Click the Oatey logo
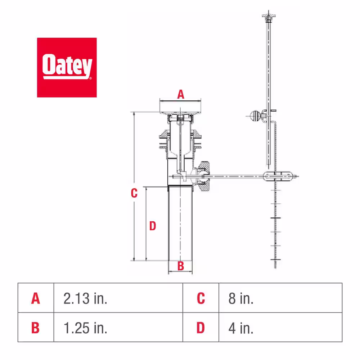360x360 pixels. tap(67, 67)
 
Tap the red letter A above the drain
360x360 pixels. tap(181, 94)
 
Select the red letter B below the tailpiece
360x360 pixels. tap(181, 266)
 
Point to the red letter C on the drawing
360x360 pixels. tap(134, 193)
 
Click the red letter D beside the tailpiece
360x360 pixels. tap(153, 226)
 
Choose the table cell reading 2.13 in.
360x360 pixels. tap(85, 298)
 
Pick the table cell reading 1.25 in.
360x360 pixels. tap(85, 328)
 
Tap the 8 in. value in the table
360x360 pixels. tap(241, 298)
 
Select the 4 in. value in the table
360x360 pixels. tap(241, 328)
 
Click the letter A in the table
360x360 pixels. tap(36, 298)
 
